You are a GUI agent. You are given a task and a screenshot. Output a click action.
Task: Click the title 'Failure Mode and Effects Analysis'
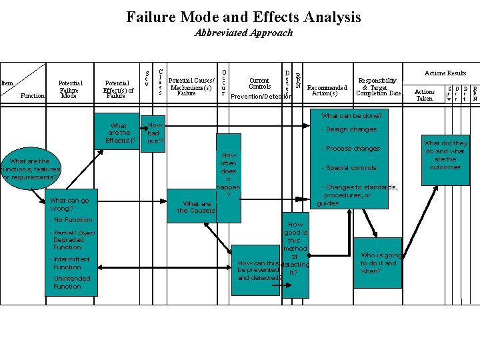click(243, 17)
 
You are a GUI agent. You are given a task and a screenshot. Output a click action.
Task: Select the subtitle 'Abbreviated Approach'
click(243, 33)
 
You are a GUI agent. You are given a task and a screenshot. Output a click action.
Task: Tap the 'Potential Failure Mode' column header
click(69, 90)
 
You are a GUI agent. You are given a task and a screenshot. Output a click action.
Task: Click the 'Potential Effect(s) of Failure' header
click(118, 90)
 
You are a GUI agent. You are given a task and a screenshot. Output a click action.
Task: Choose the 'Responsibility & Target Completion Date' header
click(378, 87)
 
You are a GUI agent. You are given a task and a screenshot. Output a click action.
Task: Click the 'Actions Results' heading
click(445, 73)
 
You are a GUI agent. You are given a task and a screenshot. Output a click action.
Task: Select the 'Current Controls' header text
click(259, 83)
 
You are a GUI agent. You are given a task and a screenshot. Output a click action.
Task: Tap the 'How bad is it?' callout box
click(155, 133)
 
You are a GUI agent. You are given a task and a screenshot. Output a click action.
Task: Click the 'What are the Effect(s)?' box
click(119, 133)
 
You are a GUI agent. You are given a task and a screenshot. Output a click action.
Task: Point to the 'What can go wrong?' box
click(69, 204)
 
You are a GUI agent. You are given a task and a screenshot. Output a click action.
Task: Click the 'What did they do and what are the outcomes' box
click(445, 155)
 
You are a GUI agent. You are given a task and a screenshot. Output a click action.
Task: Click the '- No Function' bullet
click(71, 220)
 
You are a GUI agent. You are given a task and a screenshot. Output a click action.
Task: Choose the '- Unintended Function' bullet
click(69, 283)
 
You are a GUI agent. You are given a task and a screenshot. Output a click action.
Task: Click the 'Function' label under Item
click(33, 96)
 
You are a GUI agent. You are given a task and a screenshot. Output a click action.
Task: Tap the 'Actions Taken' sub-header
click(425, 95)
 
